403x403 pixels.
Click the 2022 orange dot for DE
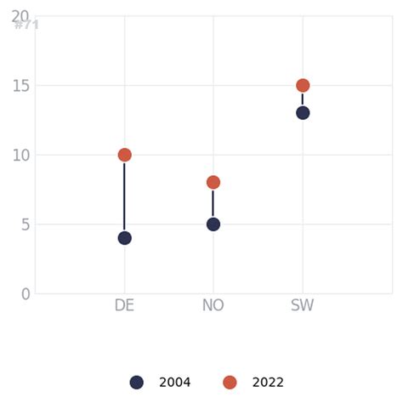coord(124,155)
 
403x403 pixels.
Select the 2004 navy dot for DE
coord(124,238)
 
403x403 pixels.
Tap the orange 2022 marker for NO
coord(213,182)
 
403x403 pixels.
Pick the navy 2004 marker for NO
coord(213,224)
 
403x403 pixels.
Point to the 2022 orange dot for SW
coord(303,85)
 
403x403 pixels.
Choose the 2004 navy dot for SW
coord(303,113)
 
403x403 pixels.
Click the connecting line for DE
coord(124,196)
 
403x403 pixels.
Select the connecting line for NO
coord(213,203)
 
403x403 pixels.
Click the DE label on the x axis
coord(124,306)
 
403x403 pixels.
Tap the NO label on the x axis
coord(213,306)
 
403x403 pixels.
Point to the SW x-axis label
coord(303,306)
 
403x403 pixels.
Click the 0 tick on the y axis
coord(26,294)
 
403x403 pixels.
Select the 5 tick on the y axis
coord(26,224)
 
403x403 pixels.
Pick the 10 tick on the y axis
coord(21,155)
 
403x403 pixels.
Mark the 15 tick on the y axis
coord(21,85)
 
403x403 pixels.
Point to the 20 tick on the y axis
coord(20,16)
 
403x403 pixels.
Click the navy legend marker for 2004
coord(136,383)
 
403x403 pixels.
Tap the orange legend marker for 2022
coord(230,383)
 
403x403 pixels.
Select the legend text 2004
coord(175,383)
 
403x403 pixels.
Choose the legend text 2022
coord(268,383)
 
